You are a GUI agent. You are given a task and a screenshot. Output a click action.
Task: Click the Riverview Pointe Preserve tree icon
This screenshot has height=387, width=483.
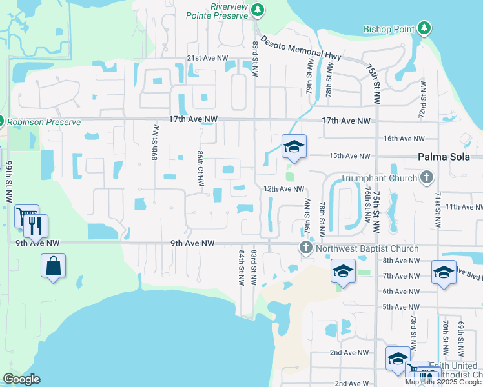(x=258, y=9)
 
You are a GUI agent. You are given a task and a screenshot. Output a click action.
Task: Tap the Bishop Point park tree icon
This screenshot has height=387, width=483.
(x=424, y=28)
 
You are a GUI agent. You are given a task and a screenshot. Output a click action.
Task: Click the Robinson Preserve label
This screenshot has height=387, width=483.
(x=44, y=122)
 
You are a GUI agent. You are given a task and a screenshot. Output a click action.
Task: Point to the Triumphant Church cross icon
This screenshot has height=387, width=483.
(x=426, y=177)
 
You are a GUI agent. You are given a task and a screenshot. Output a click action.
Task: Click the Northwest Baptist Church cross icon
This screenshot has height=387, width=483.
(x=306, y=248)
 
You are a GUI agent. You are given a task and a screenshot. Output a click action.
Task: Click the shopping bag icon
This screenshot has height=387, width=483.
(x=54, y=266)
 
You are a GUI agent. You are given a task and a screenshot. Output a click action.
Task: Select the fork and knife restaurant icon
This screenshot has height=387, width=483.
(x=36, y=226)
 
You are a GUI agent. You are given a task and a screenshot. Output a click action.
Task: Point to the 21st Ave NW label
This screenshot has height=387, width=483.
(x=207, y=58)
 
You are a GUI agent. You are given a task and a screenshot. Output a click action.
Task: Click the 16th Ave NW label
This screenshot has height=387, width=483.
(x=404, y=139)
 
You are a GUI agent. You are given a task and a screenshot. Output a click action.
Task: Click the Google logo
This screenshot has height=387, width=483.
(x=22, y=379)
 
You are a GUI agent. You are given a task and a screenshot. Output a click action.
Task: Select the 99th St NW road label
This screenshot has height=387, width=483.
(x=9, y=183)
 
